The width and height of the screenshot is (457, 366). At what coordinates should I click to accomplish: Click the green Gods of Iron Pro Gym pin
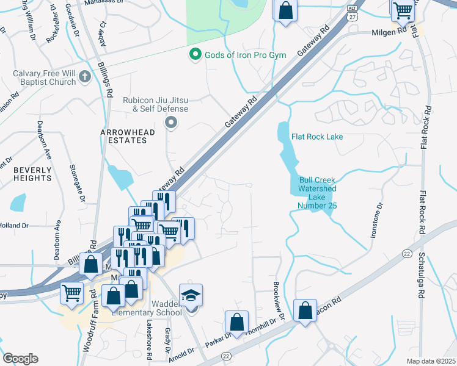pyautogui.click(x=196, y=55)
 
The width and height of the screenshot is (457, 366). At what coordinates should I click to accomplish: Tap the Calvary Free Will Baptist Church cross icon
pyautogui.click(x=84, y=77)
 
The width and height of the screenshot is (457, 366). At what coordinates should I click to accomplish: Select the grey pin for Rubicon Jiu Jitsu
pyautogui.click(x=171, y=124)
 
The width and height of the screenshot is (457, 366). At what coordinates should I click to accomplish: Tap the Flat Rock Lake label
pyautogui.click(x=317, y=137)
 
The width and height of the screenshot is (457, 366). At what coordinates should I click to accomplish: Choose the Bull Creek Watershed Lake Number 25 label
pyautogui.click(x=318, y=193)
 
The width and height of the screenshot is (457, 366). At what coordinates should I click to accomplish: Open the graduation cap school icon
pyautogui.click(x=191, y=296)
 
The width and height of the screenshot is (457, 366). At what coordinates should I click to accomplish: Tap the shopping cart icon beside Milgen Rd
pyautogui.click(x=402, y=9)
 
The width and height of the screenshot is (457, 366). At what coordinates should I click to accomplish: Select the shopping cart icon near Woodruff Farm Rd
pyautogui.click(x=71, y=293)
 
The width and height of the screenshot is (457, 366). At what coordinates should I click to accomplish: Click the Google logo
pyautogui.click(x=20, y=359)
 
